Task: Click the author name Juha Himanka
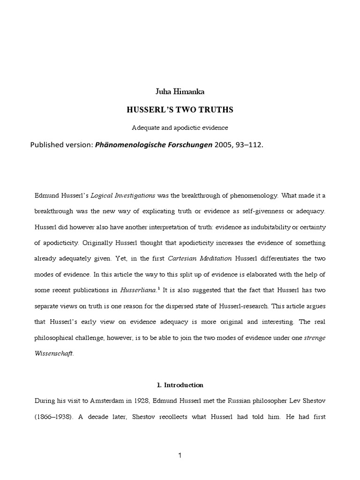[180, 92]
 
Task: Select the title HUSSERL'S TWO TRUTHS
[180, 110]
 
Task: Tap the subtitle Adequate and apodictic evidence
[180, 127]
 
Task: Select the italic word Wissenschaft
[55, 354]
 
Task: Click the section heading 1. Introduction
[180, 385]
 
